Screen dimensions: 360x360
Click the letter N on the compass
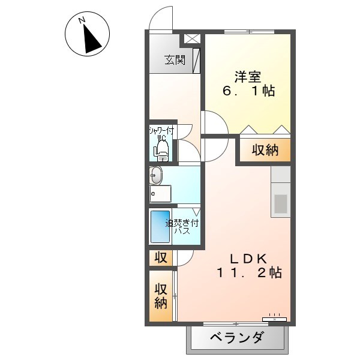(82, 20)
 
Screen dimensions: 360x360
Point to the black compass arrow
(91, 40)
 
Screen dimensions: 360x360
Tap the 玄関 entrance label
(175, 60)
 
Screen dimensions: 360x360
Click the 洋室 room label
(247, 77)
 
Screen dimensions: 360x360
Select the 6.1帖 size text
(248, 91)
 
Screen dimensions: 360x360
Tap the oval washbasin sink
(155, 176)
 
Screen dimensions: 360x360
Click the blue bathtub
(160, 227)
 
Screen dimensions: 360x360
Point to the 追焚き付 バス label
(182, 226)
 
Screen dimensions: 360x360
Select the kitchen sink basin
(281, 203)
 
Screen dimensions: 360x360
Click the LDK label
(249, 259)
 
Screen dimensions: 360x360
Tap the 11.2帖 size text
(250, 273)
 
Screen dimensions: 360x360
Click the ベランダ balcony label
(236, 337)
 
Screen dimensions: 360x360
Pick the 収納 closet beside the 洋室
(265, 151)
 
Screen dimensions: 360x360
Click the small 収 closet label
(161, 257)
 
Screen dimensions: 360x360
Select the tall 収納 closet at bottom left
(161, 296)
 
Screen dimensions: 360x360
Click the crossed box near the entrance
(192, 39)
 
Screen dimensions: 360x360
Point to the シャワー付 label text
(161, 131)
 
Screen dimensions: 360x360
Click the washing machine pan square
(160, 194)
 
